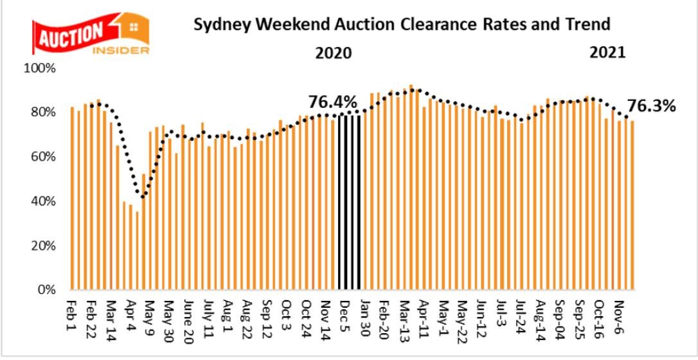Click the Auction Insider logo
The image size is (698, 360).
(x=90, y=35)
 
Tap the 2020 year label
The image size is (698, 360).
(x=333, y=53)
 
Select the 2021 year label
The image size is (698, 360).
(x=608, y=53)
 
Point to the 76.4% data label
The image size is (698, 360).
(x=332, y=102)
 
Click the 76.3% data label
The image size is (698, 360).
(x=652, y=105)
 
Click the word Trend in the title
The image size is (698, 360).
(x=586, y=25)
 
